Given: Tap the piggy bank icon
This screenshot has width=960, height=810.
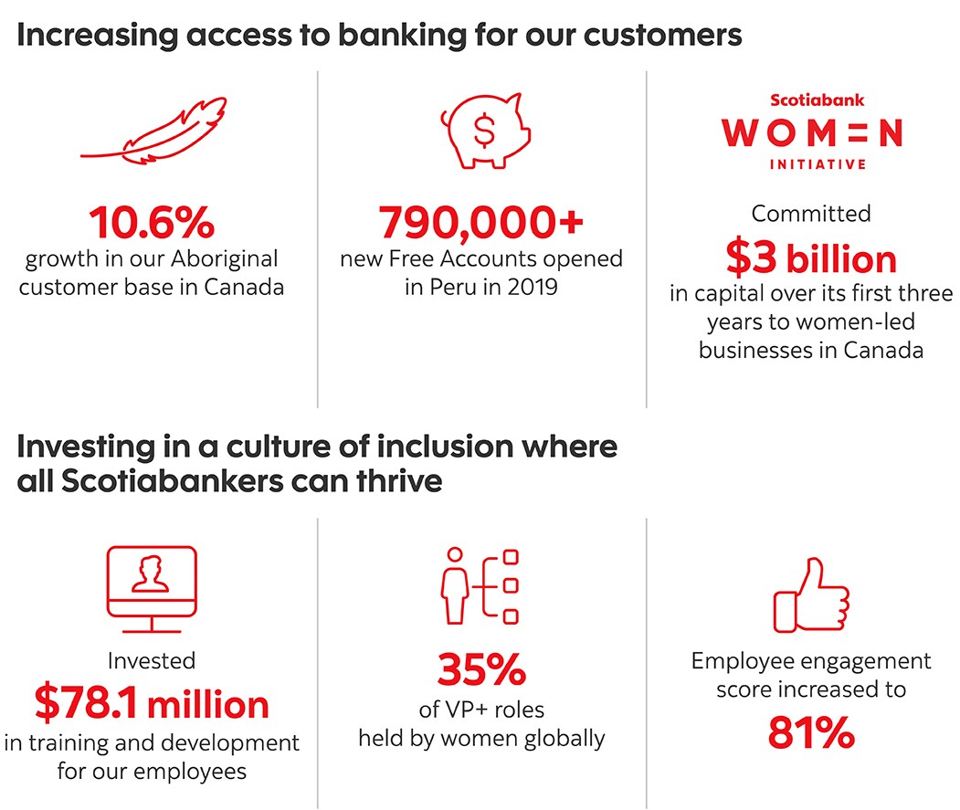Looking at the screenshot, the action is (x=485, y=131).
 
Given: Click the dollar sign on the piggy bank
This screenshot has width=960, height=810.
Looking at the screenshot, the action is (x=484, y=131).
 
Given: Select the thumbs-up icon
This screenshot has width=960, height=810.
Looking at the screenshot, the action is (x=811, y=595).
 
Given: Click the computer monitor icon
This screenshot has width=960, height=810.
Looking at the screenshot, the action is (x=152, y=589).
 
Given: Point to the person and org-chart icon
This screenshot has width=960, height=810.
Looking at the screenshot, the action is (x=480, y=586).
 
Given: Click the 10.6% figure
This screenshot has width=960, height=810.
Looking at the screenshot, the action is (x=152, y=222).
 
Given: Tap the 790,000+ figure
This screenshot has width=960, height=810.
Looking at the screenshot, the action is (x=481, y=222).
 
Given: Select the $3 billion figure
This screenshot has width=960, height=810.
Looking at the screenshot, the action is (x=811, y=258).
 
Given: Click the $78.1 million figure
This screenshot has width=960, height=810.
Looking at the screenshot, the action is (x=152, y=703).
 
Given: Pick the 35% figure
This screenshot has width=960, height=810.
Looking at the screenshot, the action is (x=482, y=669).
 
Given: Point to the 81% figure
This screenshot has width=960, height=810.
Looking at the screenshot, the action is (x=811, y=732).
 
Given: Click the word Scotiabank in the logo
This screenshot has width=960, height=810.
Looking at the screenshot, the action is (x=817, y=100).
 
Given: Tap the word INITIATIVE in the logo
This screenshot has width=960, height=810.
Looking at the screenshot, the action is (x=818, y=164).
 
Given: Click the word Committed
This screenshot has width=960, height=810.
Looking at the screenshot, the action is (x=811, y=214).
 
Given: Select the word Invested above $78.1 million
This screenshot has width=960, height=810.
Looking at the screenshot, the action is (x=152, y=660).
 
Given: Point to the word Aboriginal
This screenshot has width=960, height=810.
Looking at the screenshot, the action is (x=224, y=259).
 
